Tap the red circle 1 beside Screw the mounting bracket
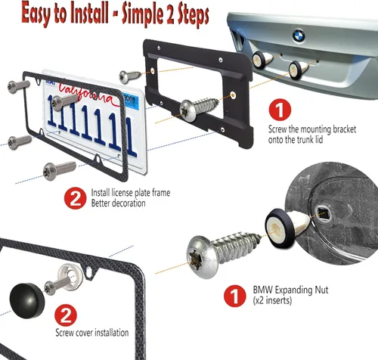pyautogui.click(x=277, y=110)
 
